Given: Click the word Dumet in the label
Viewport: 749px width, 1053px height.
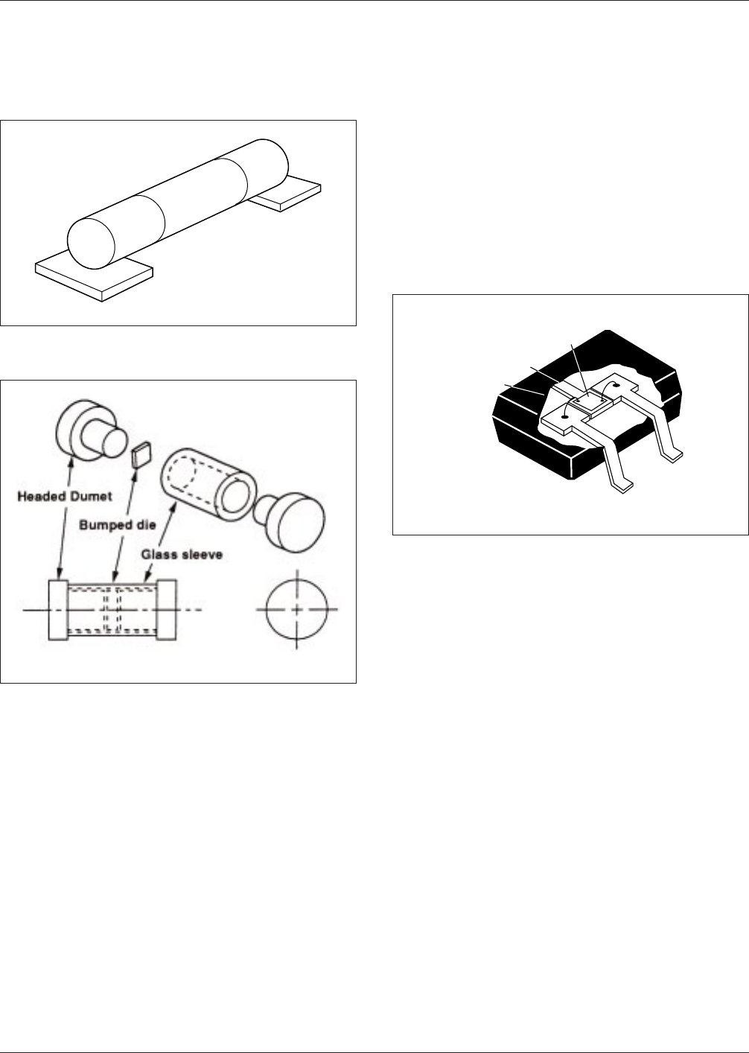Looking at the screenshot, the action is pos(90,497).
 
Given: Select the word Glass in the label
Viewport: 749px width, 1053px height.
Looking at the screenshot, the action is pos(158,555).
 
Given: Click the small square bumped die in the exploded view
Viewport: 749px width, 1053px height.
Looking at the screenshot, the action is pos(141,454).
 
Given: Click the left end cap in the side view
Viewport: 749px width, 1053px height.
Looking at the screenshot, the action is pos(59,610).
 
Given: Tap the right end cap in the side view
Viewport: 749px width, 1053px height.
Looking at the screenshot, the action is pos(166,610).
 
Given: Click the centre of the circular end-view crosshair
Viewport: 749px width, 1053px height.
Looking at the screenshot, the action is pos(296,610).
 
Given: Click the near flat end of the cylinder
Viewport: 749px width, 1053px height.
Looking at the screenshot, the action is pos(91,244).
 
